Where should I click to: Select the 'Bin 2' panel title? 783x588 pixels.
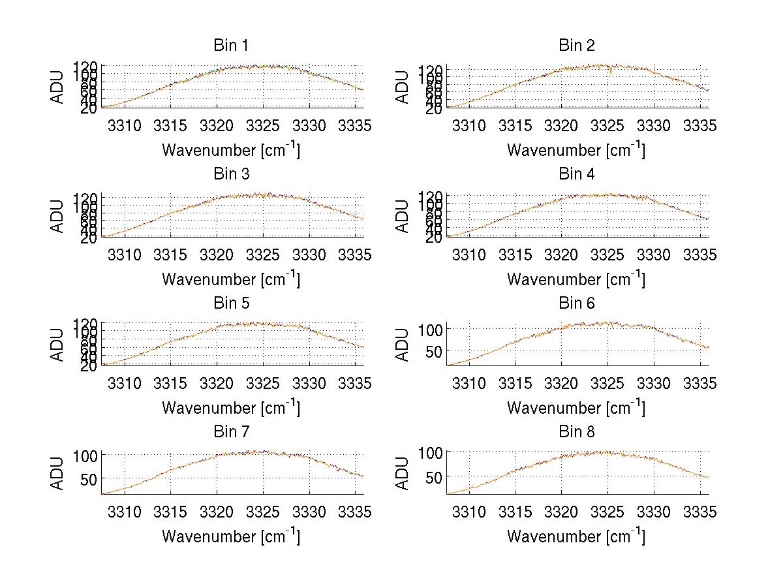coord(576,46)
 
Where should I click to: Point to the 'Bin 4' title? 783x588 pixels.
coord(576,174)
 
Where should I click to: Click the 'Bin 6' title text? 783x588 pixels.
coord(576,303)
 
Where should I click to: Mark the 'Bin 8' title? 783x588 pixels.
coord(576,432)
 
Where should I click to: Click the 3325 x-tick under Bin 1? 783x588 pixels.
coord(263,125)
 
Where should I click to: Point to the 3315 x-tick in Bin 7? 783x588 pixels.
coord(170,512)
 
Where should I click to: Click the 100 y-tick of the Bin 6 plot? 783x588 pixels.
coord(430,329)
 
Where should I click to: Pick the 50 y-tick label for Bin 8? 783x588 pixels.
coord(434,476)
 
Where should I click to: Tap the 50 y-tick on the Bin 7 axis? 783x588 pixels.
coord(89,478)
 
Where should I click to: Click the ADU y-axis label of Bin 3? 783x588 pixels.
coord(58,217)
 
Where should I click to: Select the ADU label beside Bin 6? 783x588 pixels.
coord(403,345)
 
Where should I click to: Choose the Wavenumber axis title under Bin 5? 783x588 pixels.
coord(231,408)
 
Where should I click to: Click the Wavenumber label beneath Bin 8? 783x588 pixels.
coord(576,536)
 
